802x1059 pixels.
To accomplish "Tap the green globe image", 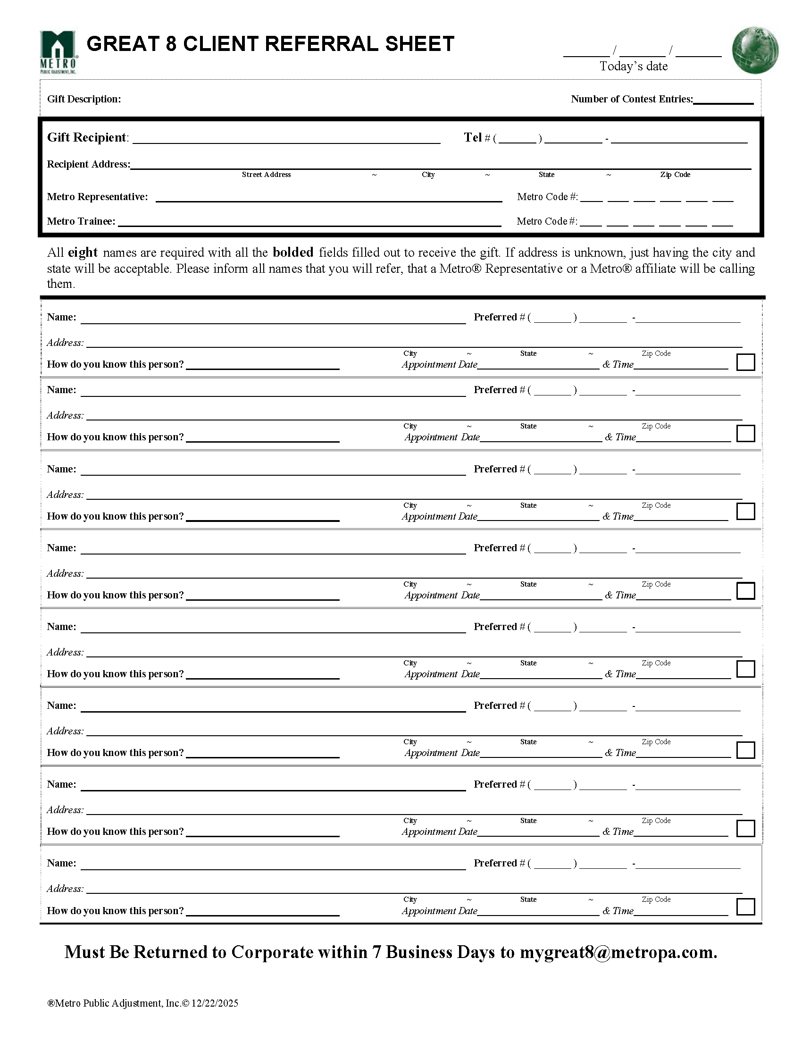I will coord(755,50).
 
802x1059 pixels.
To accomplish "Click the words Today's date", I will coord(633,67).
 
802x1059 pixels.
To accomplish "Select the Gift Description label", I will coord(84,99).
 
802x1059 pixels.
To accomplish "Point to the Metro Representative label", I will coord(97,197).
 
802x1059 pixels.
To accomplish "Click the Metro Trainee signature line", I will coord(309,222).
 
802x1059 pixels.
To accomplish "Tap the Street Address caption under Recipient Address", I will coord(266,175).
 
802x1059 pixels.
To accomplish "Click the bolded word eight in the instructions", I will coord(82,252).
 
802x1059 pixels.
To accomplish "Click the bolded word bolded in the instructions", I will coord(293,252).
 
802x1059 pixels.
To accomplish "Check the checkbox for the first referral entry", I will coord(745,362).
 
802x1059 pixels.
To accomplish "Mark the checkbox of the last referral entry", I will coord(745,907).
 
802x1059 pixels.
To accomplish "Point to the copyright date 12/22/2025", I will coord(214,1003).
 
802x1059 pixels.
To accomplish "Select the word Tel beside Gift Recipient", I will coord(472,138).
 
